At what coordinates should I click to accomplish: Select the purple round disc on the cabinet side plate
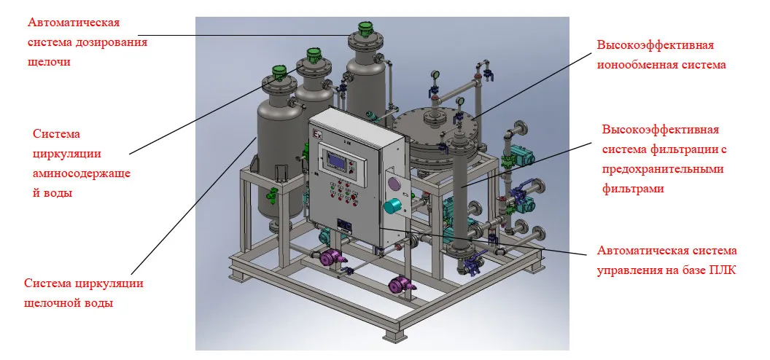pyautogui.click(x=394, y=184)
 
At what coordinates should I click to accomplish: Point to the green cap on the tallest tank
pyautogui.click(x=365, y=28)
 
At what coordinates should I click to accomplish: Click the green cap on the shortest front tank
pyautogui.click(x=279, y=73)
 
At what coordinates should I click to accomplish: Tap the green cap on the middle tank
pyautogui.click(x=314, y=55)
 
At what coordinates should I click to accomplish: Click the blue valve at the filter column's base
pyautogui.click(x=472, y=264)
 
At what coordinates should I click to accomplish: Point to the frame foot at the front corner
pyautogui.click(x=394, y=335)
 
